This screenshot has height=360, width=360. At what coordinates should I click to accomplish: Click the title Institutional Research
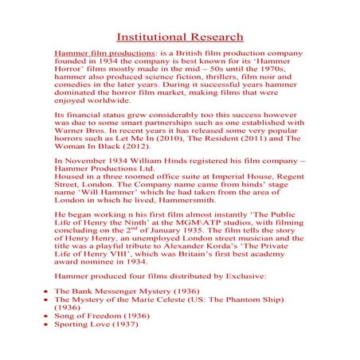[180, 37]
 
